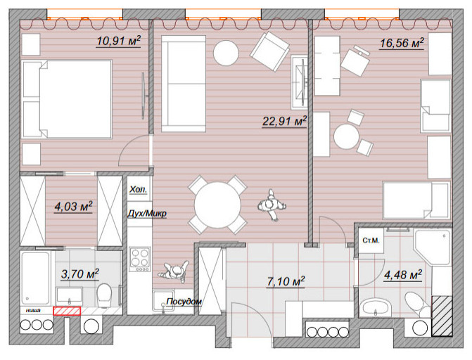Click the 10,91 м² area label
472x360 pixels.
(x=119, y=41)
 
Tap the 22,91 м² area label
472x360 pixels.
(x=284, y=121)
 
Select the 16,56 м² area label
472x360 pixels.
(x=402, y=43)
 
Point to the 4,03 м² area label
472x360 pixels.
(x=73, y=207)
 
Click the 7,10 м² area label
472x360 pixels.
(x=286, y=281)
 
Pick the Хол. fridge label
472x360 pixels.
(x=138, y=190)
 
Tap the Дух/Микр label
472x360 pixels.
(x=147, y=214)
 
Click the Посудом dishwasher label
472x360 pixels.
(x=184, y=302)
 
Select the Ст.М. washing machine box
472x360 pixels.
(x=371, y=240)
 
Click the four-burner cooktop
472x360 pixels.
(x=140, y=259)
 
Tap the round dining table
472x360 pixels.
(x=217, y=205)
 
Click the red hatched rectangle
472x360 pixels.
(x=67, y=311)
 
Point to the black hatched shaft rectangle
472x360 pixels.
(x=442, y=316)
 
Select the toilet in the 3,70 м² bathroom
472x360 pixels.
(x=104, y=295)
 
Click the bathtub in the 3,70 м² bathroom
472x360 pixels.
(x=35, y=278)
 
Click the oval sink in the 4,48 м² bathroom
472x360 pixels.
(x=376, y=308)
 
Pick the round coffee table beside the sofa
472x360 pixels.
(x=226, y=53)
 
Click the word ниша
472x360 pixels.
(x=33, y=310)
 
